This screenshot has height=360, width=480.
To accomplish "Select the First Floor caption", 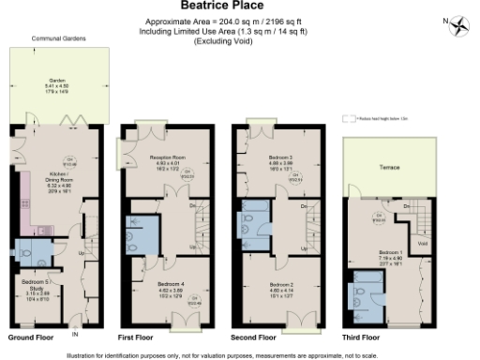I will coord(136,336).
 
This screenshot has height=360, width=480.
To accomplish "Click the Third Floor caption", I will coord(361,336).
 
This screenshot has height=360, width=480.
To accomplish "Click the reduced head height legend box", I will coord(351,119).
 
